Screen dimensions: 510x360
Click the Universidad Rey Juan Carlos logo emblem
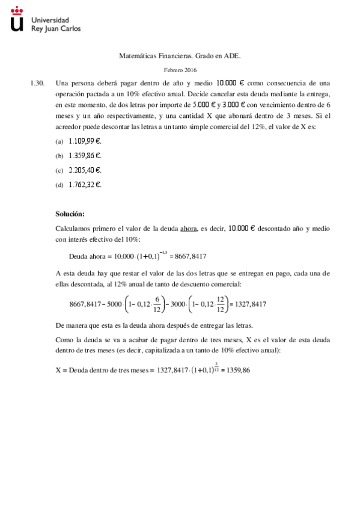coord(18,19)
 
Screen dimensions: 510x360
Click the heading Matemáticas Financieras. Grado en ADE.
coord(180,56)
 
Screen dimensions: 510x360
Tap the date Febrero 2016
coord(180,70)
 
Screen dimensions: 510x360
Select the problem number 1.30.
coord(38,83)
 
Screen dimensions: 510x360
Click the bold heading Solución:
coord(70,214)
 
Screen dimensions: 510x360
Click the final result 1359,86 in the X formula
coord(236,370)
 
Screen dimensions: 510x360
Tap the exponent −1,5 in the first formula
coord(160,250)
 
